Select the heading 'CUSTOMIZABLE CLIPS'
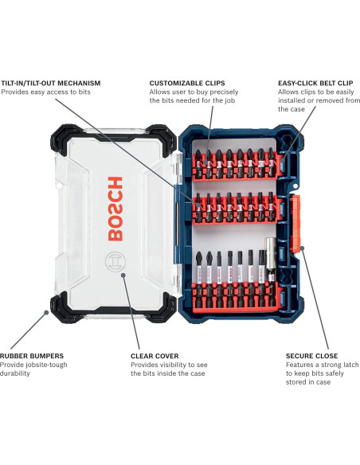187,82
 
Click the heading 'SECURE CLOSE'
311,355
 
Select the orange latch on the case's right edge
300,225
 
